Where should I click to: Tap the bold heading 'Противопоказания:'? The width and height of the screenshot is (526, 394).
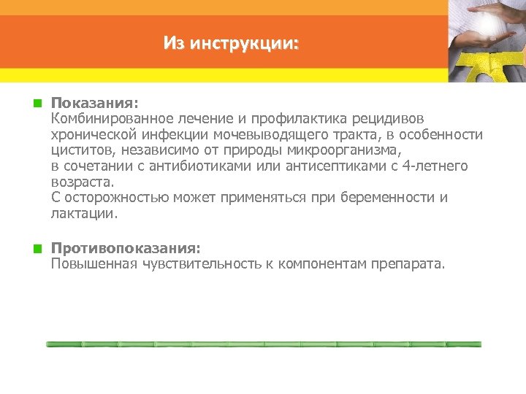coord(125,249)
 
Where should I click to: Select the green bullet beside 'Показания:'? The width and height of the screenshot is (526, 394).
coord(34,104)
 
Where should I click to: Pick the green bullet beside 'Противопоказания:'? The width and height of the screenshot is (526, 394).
coord(34,249)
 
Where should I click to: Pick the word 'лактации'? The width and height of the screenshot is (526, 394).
coord(83,214)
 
